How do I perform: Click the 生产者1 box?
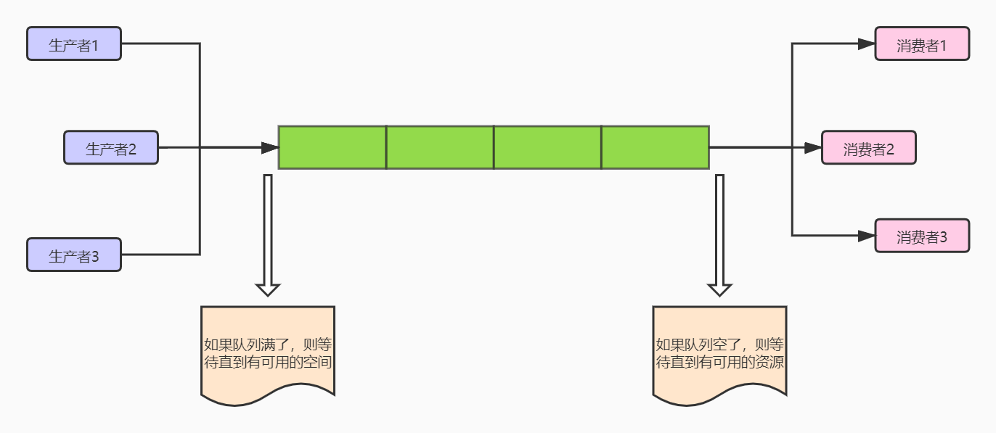coord(74,44)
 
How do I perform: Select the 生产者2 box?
coord(111,148)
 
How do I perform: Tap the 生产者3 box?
coord(74,255)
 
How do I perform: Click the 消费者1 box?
coord(922,44)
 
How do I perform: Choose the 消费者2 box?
coord(869,148)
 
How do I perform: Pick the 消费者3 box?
coord(922,236)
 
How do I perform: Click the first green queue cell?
coord(332,147)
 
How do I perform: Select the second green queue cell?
coord(440,147)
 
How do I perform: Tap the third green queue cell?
coord(547,147)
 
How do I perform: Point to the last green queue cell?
coord(655,147)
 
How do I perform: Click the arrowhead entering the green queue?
coord(270,148)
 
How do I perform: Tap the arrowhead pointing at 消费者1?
coord(866,44)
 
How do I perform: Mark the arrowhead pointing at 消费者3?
coord(866,236)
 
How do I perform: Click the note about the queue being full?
coord(268,353)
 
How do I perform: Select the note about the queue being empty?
coord(720,353)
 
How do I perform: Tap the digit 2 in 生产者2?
coord(132,150)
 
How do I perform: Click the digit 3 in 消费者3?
coord(943,237)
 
